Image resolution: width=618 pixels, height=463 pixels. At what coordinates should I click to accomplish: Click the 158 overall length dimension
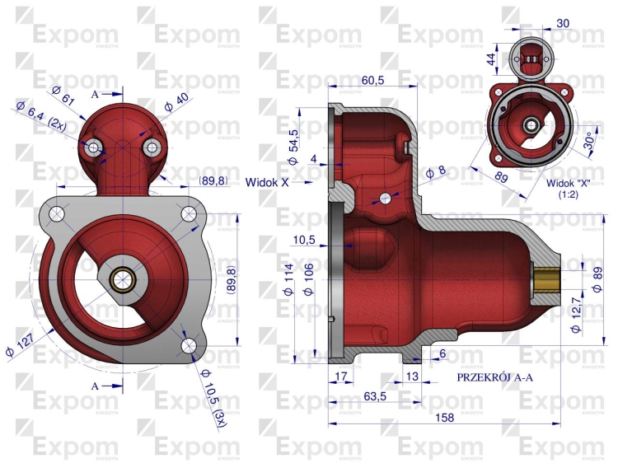click(445, 418)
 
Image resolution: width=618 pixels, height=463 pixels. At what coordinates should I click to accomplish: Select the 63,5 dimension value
click(375, 396)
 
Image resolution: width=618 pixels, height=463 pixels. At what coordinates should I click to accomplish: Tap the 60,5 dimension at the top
click(372, 80)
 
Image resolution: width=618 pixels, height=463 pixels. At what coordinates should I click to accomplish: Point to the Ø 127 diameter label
click(21, 344)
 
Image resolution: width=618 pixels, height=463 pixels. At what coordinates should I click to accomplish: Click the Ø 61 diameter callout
click(63, 95)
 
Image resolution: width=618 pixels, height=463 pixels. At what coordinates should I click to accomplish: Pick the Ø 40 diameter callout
click(176, 102)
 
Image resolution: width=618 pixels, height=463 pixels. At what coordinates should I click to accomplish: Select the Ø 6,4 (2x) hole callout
click(41, 117)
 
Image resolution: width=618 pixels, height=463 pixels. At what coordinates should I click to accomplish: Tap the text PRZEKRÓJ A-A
click(494, 377)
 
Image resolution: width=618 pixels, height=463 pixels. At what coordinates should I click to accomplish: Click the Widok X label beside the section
click(267, 182)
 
